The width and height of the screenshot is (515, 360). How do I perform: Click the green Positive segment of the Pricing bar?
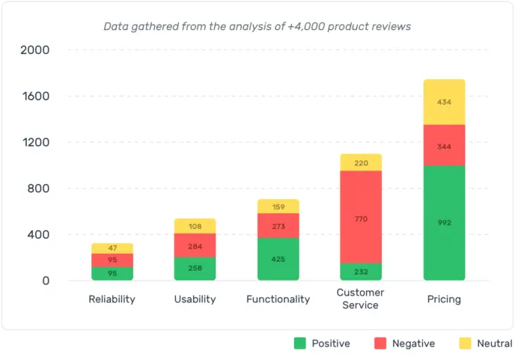pos(444,223)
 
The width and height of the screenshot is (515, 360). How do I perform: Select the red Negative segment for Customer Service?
pos(361,217)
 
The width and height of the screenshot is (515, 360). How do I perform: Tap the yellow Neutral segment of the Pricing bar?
pos(444,102)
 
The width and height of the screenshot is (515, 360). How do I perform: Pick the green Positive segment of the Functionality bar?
pos(278,259)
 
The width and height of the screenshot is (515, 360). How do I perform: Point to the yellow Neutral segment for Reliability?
pos(112,248)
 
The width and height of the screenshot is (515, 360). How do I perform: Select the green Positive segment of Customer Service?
pos(361,272)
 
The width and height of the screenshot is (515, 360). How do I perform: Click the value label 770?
pos(361,219)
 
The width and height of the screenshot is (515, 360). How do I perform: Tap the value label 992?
pos(444,222)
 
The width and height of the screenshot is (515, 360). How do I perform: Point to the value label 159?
pos(278,207)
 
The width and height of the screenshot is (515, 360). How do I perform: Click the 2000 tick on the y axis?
pos(35,50)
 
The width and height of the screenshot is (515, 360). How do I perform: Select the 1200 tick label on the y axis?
pos(35,142)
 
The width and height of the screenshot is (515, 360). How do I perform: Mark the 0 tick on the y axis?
pos(44,281)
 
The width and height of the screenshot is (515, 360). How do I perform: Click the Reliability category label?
pos(112,299)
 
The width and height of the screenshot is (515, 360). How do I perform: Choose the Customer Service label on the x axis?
pos(360,299)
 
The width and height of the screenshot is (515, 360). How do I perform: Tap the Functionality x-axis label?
pos(278,299)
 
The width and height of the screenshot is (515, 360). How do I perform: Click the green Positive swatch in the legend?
pos(300,344)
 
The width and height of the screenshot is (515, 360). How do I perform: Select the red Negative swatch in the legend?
pos(380,344)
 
